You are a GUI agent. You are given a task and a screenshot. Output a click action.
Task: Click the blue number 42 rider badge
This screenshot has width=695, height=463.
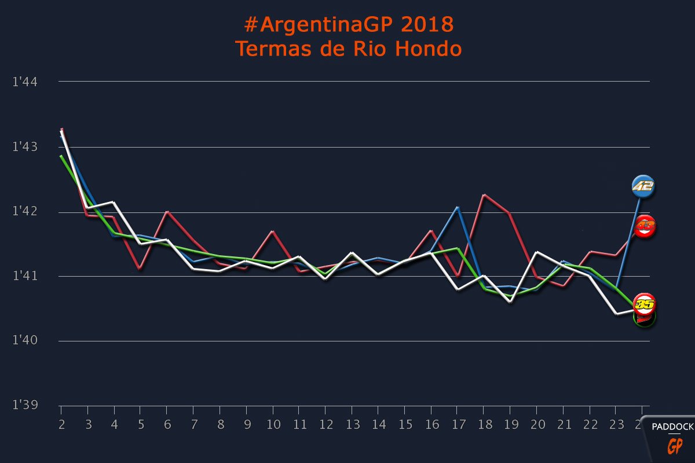(x=643, y=186)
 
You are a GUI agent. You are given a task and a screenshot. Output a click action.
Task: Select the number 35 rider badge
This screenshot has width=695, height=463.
(x=645, y=303)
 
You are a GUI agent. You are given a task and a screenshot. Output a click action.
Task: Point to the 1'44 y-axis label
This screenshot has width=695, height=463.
(x=25, y=82)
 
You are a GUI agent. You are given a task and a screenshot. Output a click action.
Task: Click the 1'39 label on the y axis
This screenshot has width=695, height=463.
(x=25, y=405)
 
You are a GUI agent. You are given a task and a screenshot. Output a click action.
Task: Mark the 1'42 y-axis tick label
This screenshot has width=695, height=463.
(x=25, y=212)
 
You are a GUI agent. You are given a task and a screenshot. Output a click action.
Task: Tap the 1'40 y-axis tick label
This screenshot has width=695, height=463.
(x=25, y=340)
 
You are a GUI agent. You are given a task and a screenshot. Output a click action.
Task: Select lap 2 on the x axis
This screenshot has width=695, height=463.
(x=61, y=425)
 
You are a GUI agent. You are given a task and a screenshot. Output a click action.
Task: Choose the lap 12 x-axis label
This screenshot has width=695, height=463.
(x=326, y=425)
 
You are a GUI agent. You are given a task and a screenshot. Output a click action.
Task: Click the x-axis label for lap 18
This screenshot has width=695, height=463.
(x=485, y=425)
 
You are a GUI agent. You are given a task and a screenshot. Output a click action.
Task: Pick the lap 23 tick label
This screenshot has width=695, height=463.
(x=617, y=425)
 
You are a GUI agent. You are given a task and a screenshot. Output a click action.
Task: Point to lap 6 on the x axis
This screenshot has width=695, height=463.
(x=167, y=425)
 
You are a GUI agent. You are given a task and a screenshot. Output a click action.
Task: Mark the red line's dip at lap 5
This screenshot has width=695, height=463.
(x=140, y=269)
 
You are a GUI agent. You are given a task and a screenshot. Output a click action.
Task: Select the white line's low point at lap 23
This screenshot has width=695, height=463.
(x=616, y=314)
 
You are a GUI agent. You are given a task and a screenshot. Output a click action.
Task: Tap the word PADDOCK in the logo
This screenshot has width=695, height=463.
(x=672, y=427)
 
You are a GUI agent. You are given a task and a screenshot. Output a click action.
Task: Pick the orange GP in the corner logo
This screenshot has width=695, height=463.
(x=675, y=446)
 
